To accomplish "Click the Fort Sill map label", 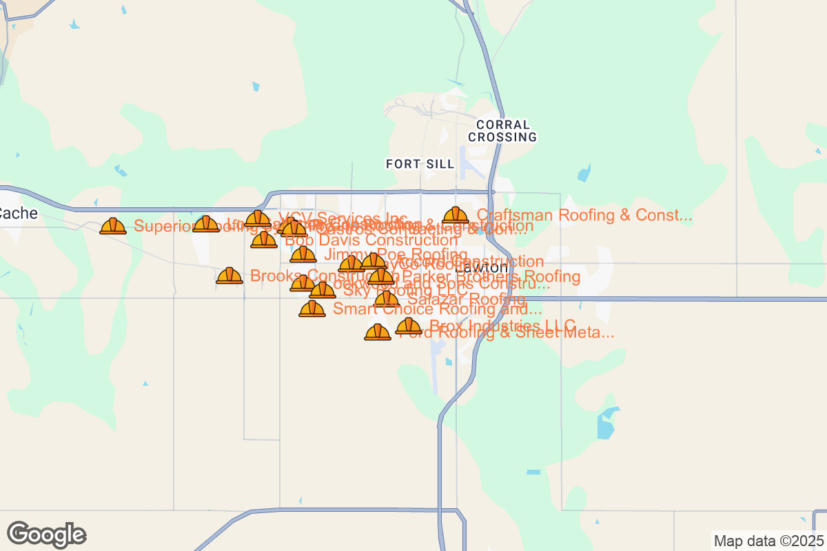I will (x=420, y=164).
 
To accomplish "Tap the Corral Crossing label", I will (x=502, y=131).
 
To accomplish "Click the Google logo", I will (x=47, y=534).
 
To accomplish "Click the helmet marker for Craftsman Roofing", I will (x=456, y=216).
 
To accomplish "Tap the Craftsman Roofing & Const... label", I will (x=584, y=216).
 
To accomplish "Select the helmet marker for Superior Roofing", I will (x=113, y=226).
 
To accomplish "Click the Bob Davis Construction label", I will (x=371, y=240).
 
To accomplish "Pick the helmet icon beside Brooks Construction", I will (x=229, y=276).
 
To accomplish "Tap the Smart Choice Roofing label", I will (x=437, y=309).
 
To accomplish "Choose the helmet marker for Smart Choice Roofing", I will (x=312, y=309).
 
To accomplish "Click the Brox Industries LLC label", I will (x=502, y=325).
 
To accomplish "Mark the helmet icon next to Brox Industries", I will (x=409, y=326).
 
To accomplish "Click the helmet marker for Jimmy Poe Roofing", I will (x=303, y=255).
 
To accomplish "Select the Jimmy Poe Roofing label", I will (x=396, y=255).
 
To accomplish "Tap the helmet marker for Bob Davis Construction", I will (x=264, y=240).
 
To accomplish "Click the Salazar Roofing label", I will (x=466, y=300).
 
